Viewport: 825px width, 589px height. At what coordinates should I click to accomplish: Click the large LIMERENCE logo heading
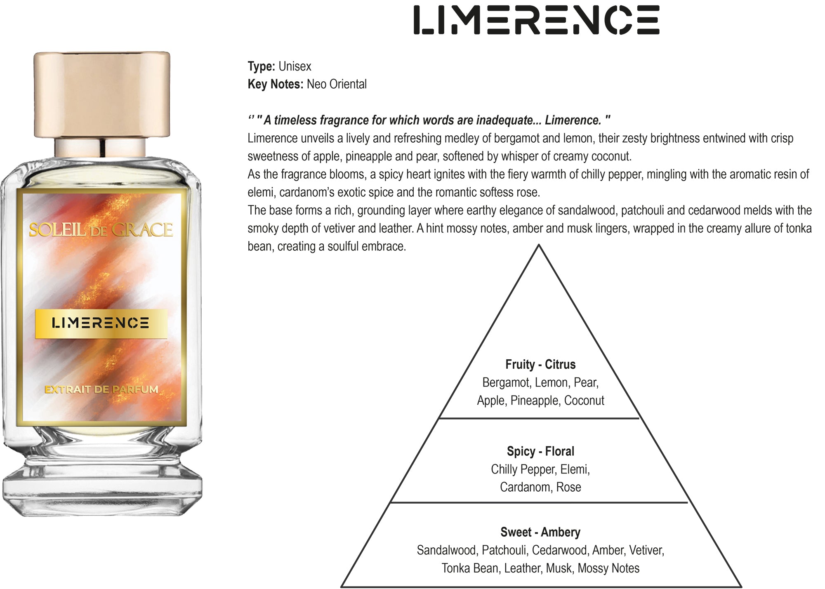(x=536, y=20)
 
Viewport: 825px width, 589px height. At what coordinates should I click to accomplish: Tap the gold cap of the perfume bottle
(x=102, y=94)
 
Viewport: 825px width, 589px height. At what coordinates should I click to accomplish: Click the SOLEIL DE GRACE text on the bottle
(x=101, y=230)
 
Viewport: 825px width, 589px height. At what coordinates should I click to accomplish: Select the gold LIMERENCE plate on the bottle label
(x=101, y=323)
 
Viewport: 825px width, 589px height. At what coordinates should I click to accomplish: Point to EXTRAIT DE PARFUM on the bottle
(x=101, y=389)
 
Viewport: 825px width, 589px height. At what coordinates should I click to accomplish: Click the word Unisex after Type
(x=295, y=66)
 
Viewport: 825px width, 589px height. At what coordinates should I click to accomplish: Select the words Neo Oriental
(x=337, y=84)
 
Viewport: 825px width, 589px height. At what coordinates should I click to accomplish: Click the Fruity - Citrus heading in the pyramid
(x=540, y=365)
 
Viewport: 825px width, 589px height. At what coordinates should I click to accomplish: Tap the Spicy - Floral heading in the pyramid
(x=540, y=451)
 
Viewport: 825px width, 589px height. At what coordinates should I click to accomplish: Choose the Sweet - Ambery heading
(x=540, y=532)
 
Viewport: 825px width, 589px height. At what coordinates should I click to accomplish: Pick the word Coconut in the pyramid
(x=584, y=401)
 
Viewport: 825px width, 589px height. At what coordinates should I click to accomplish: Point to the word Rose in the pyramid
(x=568, y=487)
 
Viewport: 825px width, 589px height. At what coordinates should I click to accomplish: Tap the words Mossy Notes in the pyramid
(x=608, y=568)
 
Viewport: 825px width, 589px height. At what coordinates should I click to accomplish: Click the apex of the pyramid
(x=539, y=245)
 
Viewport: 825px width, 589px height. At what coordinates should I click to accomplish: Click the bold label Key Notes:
(x=276, y=84)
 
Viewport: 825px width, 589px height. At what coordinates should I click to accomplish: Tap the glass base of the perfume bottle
(x=102, y=487)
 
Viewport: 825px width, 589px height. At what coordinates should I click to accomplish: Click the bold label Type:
(x=262, y=66)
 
